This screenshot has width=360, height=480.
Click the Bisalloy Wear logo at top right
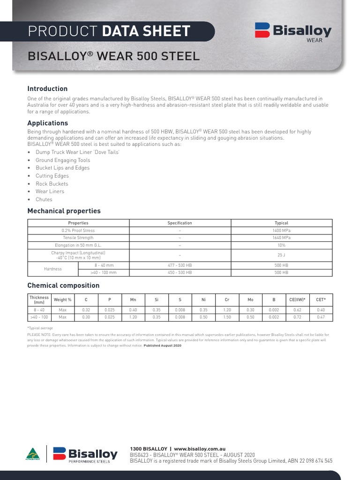(293, 32)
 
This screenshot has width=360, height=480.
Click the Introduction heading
(47, 89)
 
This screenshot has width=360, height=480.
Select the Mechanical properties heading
(64, 211)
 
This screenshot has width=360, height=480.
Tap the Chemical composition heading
(63, 285)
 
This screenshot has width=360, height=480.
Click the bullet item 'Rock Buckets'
(52, 184)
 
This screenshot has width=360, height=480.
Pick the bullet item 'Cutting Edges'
(52, 176)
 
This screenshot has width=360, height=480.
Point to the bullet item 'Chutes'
(44, 199)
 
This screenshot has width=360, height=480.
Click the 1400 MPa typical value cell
(281, 231)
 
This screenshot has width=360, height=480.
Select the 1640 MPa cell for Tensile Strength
(281, 238)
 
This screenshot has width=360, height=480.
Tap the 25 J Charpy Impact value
(281, 255)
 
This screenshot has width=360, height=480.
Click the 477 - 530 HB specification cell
(180, 265)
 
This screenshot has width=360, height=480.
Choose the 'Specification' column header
(180, 223)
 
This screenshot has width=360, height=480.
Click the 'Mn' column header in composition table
(133, 300)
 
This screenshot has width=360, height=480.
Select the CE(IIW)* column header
(297, 300)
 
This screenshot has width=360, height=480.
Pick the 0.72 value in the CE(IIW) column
(297, 317)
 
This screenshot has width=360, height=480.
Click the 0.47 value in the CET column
(321, 317)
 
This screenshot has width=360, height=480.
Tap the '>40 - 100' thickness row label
(39, 317)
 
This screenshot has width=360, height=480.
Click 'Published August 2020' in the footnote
(162, 345)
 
